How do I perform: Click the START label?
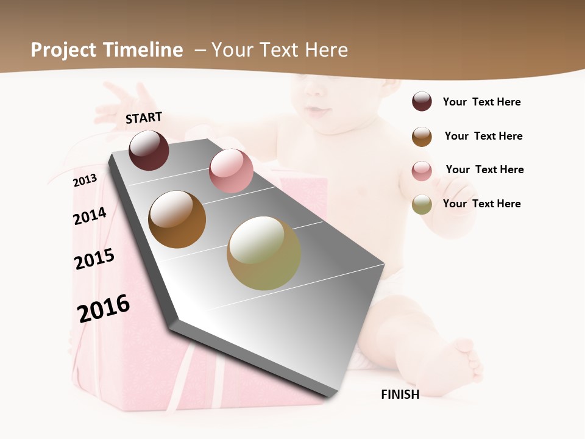[x=144, y=118]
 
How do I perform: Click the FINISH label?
[x=400, y=394]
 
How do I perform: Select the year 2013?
[x=85, y=180]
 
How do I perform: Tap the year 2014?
[x=90, y=216]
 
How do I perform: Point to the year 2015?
[x=94, y=259]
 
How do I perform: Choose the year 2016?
[x=104, y=309]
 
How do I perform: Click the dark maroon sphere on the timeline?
[x=149, y=151]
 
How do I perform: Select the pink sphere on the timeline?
[x=231, y=171]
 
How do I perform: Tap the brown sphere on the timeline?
[x=177, y=220]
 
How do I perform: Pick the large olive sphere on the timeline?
[x=263, y=253]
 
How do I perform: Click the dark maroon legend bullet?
[x=422, y=102]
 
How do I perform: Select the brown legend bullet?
[x=422, y=137]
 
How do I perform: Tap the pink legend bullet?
[x=422, y=170]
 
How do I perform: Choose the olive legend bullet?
[x=422, y=204]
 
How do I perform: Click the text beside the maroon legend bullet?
[x=481, y=102]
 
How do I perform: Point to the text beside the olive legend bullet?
[x=481, y=204]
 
